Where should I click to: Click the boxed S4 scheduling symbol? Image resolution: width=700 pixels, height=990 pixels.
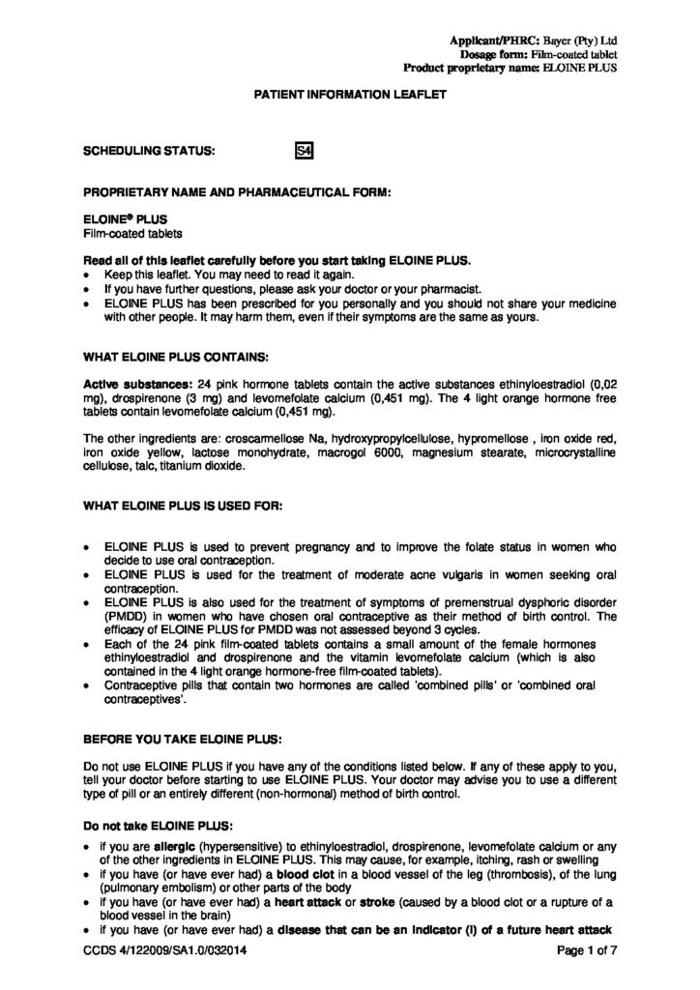pyautogui.click(x=301, y=151)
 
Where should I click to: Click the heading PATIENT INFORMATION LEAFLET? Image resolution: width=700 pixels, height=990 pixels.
pyautogui.click(x=349, y=99)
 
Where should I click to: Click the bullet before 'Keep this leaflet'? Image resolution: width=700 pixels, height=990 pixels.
pyautogui.click(x=88, y=276)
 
